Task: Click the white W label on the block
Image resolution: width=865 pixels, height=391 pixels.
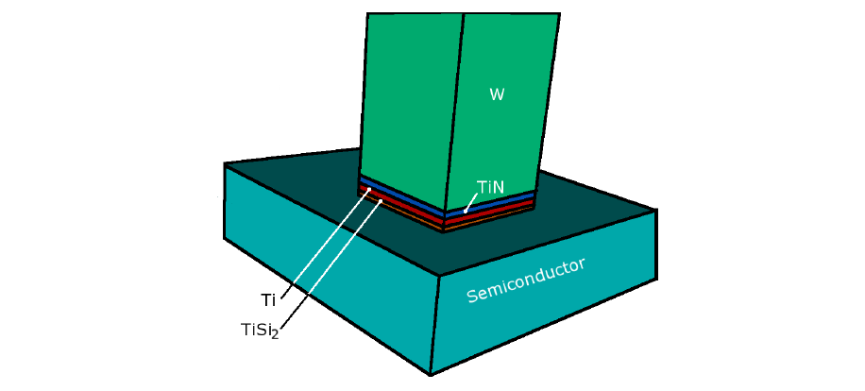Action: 497,94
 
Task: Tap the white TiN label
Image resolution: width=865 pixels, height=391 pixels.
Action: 491,188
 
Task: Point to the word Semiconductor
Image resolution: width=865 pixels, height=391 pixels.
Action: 526,280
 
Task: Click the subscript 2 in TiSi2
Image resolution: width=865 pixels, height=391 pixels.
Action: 275,334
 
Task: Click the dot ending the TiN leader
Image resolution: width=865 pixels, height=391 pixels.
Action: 466,211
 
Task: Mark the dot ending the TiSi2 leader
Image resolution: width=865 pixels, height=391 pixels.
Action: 381,201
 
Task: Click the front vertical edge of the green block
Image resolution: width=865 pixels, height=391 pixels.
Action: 454,113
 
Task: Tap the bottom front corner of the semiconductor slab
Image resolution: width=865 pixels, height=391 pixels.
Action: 431,374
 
